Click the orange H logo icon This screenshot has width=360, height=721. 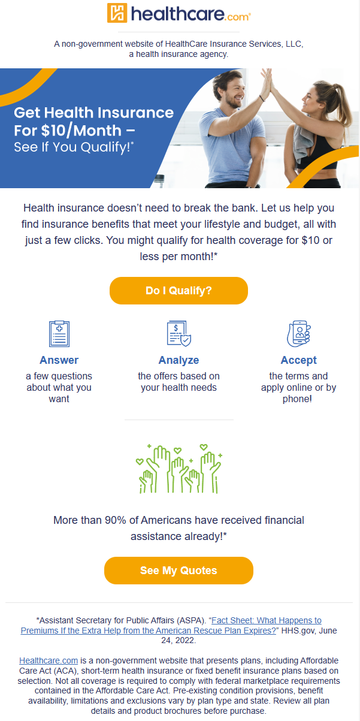tap(117, 13)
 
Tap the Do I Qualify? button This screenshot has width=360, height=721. tap(179, 290)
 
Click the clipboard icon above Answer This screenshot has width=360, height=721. tap(59, 333)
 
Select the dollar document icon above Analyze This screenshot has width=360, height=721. tap(179, 333)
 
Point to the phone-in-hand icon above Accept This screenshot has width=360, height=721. tap(299, 333)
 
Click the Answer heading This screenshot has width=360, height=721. tap(59, 360)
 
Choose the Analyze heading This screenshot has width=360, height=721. tap(179, 360)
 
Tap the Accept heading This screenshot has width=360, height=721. tap(299, 360)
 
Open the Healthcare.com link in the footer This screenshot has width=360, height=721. tap(49, 660)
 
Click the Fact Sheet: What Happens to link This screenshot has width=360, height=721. tap(267, 620)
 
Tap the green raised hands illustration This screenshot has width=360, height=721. tap(179, 469)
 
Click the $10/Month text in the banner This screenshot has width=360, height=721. tap(81, 131)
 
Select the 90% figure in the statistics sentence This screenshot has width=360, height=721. tap(116, 520)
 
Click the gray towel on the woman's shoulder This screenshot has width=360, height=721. tap(302, 141)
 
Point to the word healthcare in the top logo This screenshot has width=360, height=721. tap(177, 14)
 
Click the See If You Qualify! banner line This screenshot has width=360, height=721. tap(74, 147)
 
